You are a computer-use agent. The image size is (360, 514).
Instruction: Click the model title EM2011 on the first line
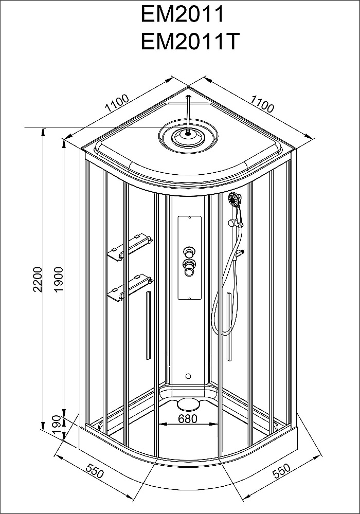pos(183,14)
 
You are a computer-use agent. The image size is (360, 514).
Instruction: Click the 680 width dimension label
pos(187,418)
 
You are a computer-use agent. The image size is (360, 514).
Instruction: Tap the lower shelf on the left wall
pos(129,287)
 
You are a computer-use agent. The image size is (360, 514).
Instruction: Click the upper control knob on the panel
pos(190,252)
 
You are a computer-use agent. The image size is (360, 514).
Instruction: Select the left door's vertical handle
pos(148,324)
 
